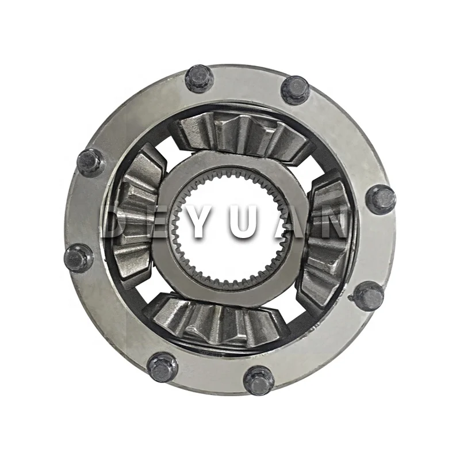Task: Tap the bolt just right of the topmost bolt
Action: point(295,90)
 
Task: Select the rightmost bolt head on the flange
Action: point(381,199)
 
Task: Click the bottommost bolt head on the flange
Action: point(258,380)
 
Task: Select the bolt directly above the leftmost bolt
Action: point(91,162)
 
